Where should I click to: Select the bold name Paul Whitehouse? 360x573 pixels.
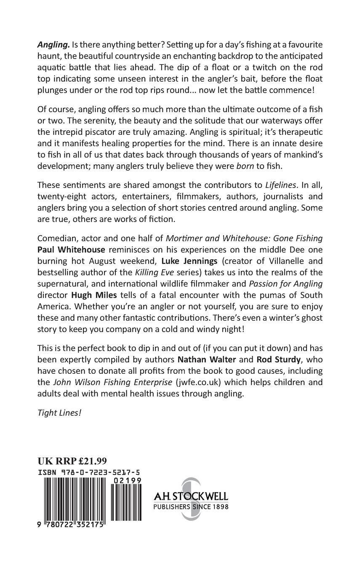69,249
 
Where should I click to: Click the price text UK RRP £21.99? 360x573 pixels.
72,461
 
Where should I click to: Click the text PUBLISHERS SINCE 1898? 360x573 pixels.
191,507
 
